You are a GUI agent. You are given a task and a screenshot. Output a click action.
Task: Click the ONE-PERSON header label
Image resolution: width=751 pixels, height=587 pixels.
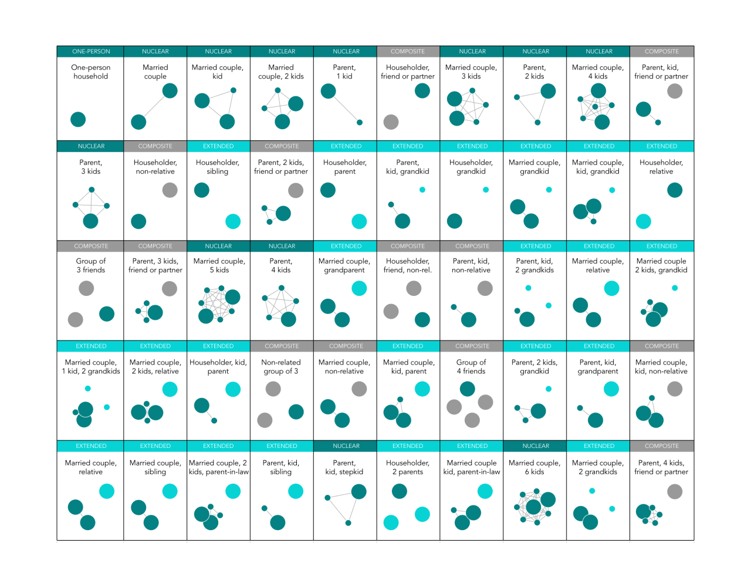click(x=91, y=52)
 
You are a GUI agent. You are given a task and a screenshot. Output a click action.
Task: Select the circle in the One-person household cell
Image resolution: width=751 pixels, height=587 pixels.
click(x=78, y=120)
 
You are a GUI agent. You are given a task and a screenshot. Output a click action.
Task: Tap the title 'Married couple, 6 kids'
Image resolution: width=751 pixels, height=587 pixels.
click(x=535, y=467)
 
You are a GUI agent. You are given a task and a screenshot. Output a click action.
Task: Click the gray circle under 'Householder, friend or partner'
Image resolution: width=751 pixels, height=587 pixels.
click(x=391, y=122)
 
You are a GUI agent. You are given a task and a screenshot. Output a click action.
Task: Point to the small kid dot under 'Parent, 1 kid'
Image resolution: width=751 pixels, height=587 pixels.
click(x=360, y=123)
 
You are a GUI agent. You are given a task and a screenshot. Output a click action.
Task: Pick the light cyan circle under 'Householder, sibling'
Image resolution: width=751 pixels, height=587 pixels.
click(x=233, y=221)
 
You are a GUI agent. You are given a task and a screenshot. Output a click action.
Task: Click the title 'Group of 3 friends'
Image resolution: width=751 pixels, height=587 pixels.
click(x=91, y=265)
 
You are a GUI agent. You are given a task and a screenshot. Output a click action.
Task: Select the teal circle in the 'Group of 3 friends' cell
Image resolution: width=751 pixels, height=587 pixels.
click(x=107, y=314)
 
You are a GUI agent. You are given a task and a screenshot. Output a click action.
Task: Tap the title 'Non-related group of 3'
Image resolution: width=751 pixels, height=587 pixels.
click(x=281, y=367)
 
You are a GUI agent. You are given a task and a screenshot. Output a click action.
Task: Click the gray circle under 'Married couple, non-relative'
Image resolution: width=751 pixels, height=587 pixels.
click(x=359, y=389)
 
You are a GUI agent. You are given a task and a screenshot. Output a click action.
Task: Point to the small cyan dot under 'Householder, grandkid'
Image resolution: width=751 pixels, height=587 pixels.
click(x=486, y=190)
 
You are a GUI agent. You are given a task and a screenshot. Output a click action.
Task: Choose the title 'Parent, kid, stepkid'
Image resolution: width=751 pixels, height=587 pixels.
click(x=344, y=467)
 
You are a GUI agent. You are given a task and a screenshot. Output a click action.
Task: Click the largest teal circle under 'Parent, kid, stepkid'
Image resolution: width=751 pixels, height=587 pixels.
click(x=358, y=492)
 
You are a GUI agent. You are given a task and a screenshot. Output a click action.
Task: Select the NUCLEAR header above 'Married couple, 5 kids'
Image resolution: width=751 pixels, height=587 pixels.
click(x=218, y=247)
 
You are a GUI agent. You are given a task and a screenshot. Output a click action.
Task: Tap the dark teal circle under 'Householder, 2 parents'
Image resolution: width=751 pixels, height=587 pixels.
click(x=400, y=491)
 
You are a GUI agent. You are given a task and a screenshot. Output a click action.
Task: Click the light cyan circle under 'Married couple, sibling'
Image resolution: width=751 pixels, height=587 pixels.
click(x=170, y=491)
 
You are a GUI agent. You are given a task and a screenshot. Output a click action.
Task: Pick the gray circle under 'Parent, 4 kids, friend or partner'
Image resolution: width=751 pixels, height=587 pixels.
click(x=675, y=491)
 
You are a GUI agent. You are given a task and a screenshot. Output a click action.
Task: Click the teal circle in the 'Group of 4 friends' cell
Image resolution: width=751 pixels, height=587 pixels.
click(x=468, y=389)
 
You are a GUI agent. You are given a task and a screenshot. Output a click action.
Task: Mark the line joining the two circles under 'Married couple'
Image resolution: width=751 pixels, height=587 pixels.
click(x=154, y=106)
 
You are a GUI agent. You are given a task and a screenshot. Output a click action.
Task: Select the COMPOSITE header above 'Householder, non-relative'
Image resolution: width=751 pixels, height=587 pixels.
click(x=155, y=146)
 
